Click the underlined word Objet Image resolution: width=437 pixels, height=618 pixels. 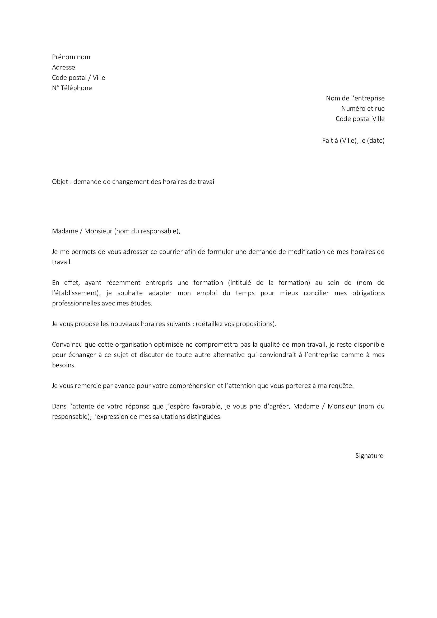click(x=60, y=182)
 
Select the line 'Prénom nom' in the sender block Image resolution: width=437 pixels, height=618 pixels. click(x=71, y=57)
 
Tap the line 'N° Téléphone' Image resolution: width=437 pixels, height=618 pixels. click(x=72, y=88)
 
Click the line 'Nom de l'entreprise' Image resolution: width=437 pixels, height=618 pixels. click(x=355, y=98)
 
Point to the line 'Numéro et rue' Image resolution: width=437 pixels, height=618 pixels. click(x=363, y=109)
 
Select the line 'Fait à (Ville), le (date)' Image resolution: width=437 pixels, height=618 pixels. click(x=353, y=141)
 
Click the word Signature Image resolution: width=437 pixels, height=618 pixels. click(x=369, y=456)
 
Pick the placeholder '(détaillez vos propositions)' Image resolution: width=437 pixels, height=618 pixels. click(x=236, y=324)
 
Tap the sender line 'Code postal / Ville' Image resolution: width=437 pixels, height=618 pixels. click(x=78, y=78)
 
